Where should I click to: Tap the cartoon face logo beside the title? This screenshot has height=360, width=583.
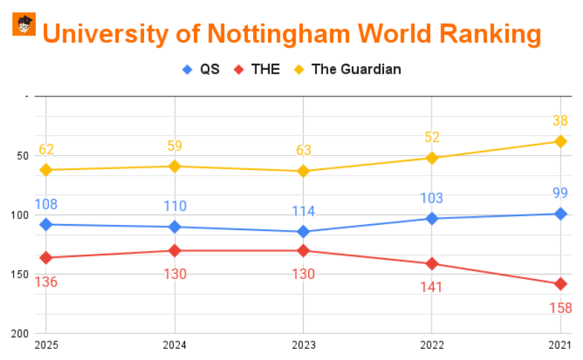point(24,24)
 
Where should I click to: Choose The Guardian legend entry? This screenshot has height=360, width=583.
point(348,70)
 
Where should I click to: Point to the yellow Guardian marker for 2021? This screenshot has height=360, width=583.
point(560,141)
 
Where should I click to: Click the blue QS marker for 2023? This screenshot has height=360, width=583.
point(303,232)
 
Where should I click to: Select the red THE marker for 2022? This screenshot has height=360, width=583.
point(431,264)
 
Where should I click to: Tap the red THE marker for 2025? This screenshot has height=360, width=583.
point(46,258)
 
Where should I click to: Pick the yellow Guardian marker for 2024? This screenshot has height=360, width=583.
point(175,166)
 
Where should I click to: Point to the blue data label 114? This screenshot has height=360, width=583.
point(303,212)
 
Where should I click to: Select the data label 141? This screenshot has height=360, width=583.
point(431,287)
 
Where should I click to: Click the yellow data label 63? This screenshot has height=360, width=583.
point(303,151)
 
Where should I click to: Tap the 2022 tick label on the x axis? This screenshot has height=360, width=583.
point(431,344)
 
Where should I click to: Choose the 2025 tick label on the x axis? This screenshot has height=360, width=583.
point(46,344)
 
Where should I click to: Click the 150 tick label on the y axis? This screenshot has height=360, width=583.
point(19,275)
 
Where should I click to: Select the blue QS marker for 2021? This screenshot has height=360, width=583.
point(560,214)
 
